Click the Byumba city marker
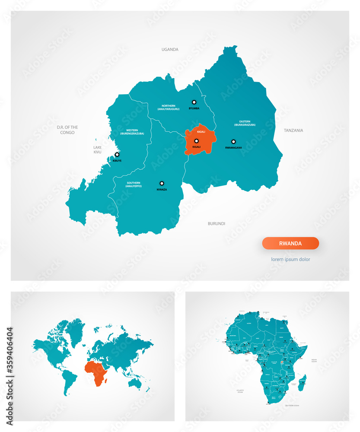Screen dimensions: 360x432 point(194,102)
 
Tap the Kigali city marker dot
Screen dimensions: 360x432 point(196,141)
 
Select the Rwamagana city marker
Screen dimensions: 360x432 point(233,141)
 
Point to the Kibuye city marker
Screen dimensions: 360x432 point(117,154)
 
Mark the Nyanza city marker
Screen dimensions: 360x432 point(162,183)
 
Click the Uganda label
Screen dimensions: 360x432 point(170,49)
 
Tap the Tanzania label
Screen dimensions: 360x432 point(293,130)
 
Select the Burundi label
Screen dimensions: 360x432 point(217,223)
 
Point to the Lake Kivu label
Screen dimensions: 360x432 point(97,149)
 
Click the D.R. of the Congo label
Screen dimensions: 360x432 point(67,130)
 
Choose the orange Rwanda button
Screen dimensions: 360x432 point(290,243)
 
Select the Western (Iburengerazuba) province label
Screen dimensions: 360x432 point(132,132)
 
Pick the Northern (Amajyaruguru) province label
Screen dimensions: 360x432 point(169,108)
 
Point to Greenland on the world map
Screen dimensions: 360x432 point(76,330)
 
